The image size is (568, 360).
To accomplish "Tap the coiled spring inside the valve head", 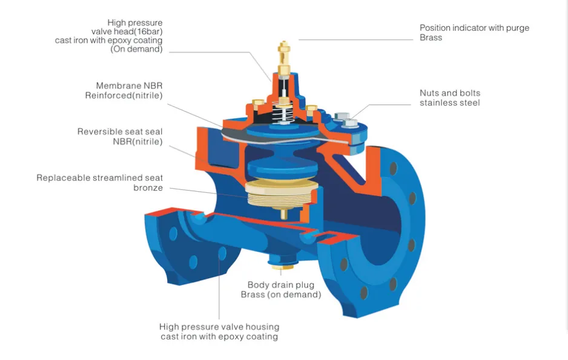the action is [283, 114].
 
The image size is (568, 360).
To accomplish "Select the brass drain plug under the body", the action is [283, 267].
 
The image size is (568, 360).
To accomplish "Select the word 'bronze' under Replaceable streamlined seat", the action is [148, 188].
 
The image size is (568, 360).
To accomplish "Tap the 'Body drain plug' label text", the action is [281, 285].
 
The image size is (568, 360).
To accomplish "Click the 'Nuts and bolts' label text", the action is [450, 93].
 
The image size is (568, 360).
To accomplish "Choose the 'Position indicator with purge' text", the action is [475, 28].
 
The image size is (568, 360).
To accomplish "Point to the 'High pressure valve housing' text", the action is [219, 327].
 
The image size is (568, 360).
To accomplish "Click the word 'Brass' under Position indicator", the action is [431, 38].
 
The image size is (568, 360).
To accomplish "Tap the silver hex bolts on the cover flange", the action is [346, 120].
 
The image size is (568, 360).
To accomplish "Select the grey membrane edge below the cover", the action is [286, 139].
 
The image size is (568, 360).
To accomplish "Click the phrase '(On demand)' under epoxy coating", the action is [136, 49].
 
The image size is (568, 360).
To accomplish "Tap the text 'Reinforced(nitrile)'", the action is [124, 96].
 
